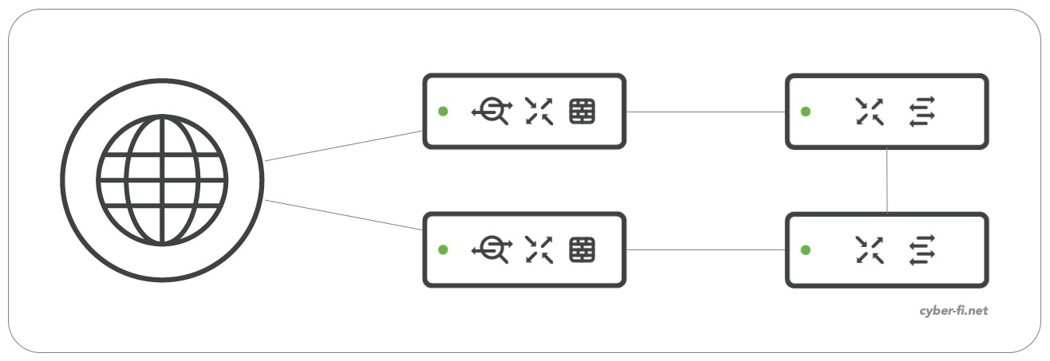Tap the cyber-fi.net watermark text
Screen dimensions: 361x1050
click(x=953, y=311)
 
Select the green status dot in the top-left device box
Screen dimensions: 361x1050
click(x=443, y=112)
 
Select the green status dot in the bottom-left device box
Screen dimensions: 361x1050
click(x=443, y=249)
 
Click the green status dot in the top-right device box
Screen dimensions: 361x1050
click(x=806, y=112)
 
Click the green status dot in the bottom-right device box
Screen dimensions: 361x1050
click(x=806, y=249)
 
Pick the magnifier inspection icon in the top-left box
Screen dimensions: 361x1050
click(x=491, y=112)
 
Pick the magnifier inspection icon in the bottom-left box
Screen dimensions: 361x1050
click(x=491, y=249)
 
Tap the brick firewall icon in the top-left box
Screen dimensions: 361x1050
click(x=582, y=112)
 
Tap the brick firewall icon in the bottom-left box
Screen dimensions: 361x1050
click(x=582, y=249)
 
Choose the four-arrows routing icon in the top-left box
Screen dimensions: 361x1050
click(x=539, y=112)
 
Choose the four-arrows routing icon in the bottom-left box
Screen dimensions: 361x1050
click(x=539, y=249)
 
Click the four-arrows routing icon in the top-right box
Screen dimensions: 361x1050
click(x=869, y=112)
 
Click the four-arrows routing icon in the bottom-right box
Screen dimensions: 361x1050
click(x=869, y=249)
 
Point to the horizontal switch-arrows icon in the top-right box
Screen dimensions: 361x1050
click(x=922, y=112)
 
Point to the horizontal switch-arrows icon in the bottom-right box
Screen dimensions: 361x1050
click(x=922, y=249)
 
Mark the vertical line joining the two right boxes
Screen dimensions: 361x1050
click(x=888, y=180)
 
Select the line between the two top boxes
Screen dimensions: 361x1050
click(x=706, y=112)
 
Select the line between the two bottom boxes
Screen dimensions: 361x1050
click(x=706, y=250)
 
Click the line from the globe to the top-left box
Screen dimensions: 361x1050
click(x=343, y=146)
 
